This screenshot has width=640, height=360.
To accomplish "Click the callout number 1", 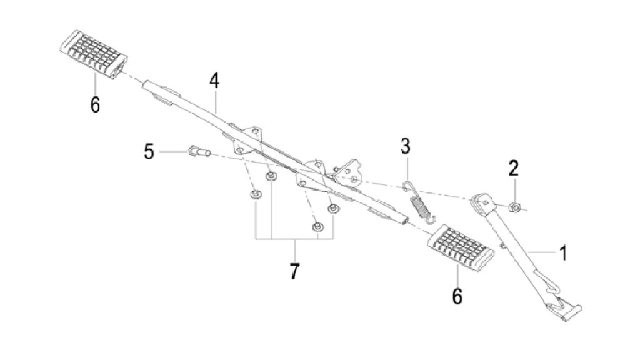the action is (563, 253).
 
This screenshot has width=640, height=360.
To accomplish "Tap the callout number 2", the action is (514, 168).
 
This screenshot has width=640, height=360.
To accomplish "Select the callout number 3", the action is (405, 146).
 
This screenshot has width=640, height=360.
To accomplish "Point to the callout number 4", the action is (214, 81).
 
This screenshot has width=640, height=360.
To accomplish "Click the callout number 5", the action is (149, 152).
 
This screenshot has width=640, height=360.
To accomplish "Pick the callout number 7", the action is (294, 271).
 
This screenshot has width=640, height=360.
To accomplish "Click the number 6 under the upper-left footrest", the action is (95, 105).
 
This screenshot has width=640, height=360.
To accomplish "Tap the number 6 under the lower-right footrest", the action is (457, 296).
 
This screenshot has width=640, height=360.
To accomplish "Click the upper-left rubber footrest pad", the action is (94, 54).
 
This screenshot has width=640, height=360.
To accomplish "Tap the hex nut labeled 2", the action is (514, 207).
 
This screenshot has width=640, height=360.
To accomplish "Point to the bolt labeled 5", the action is (199, 152).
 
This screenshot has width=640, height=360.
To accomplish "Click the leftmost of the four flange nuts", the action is (256, 195).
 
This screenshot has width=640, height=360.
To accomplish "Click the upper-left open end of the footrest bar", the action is (145, 85).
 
